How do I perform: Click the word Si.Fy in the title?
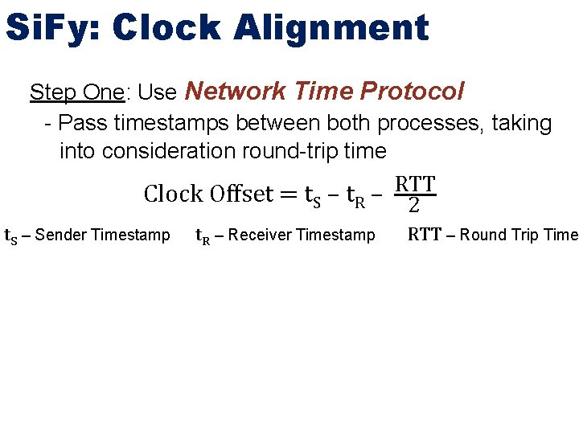tap(51, 28)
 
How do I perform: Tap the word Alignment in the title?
tap(332, 28)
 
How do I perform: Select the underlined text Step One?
tap(77, 92)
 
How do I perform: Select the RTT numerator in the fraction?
tap(414, 184)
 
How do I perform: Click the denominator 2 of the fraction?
tap(414, 206)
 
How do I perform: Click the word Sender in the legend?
tap(61, 235)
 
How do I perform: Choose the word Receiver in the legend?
tap(261, 235)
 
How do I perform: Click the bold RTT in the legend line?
tap(424, 235)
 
